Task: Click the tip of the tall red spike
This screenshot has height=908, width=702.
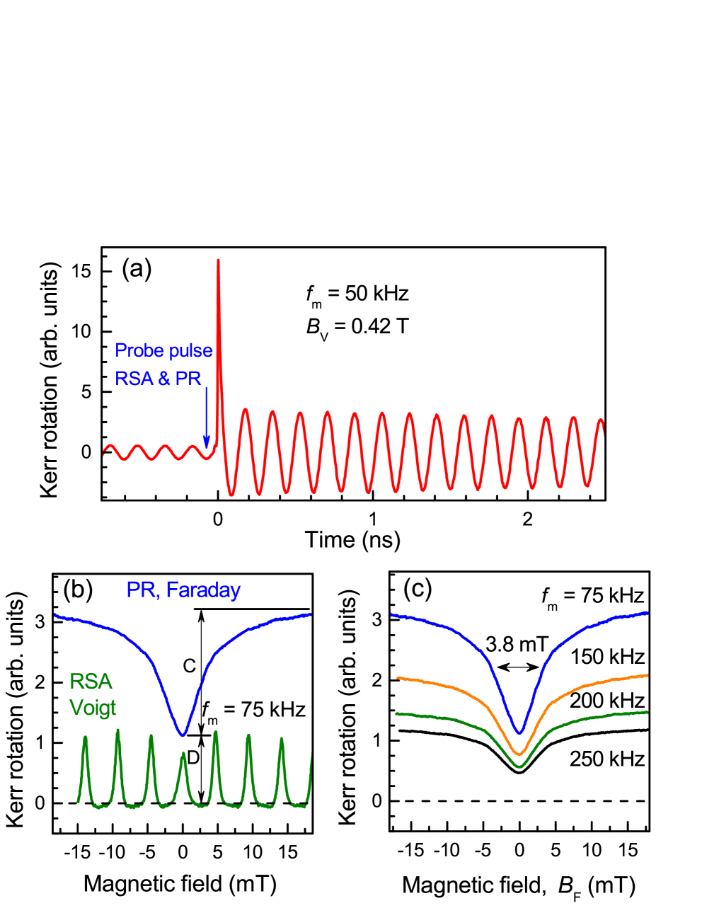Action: tap(218, 260)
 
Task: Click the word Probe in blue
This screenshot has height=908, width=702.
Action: tap(139, 350)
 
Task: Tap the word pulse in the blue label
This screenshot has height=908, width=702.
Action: tap(189, 350)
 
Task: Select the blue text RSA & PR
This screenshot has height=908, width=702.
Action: tap(158, 379)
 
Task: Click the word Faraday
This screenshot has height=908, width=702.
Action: tap(203, 590)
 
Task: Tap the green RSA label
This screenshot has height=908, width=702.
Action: tap(91, 681)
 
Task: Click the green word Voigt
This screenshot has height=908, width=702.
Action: tap(93, 707)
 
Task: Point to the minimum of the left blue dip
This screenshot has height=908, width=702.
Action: tap(183, 735)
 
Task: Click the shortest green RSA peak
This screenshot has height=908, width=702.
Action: tap(183, 754)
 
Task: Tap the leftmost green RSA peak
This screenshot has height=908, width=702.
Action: tap(86, 737)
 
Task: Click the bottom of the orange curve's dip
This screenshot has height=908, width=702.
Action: tap(519, 753)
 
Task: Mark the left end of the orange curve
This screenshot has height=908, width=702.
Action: tap(397, 678)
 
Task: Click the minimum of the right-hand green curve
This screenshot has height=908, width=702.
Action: tap(519, 766)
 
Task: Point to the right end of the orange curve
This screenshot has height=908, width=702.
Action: tap(648, 675)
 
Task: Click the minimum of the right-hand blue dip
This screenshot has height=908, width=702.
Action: tap(519, 732)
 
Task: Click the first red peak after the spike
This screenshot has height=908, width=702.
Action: tap(245, 409)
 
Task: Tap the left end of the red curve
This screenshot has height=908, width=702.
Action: tap(104, 452)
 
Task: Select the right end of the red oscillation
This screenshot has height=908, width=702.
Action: tap(603, 422)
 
